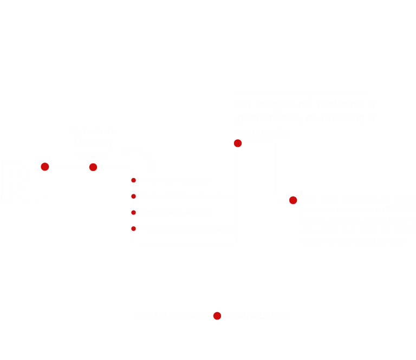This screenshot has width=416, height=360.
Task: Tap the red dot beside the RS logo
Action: click(45, 167)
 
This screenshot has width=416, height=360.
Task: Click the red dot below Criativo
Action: click(93, 167)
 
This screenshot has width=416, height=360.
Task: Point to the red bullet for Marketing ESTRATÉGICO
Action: click(133, 180)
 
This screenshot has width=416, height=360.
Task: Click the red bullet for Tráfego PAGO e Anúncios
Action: click(133, 212)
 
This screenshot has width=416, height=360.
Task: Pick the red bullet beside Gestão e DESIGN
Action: click(133, 196)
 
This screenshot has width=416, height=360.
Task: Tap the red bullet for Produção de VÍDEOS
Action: click(133, 229)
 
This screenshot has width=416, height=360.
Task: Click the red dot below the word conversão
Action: click(237, 143)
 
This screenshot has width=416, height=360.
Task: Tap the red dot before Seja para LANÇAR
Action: click(293, 200)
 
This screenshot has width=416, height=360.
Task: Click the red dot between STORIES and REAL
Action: click(217, 316)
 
